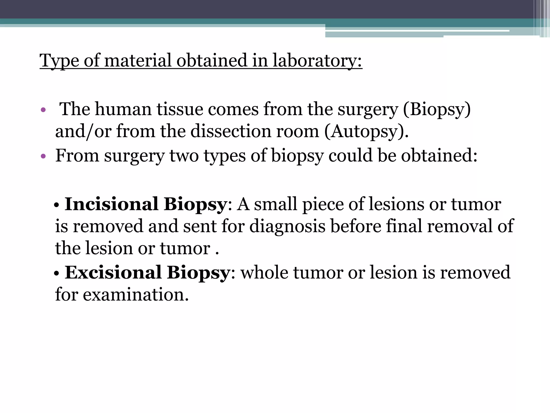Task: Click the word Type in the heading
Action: pos(59,61)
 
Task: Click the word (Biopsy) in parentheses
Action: pos(437,110)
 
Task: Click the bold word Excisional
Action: pos(113,272)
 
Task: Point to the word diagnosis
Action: pos(287,226)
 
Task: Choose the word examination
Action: pos(136,295)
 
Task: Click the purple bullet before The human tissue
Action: pos(43,110)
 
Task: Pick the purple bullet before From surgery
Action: pos(43,156)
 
